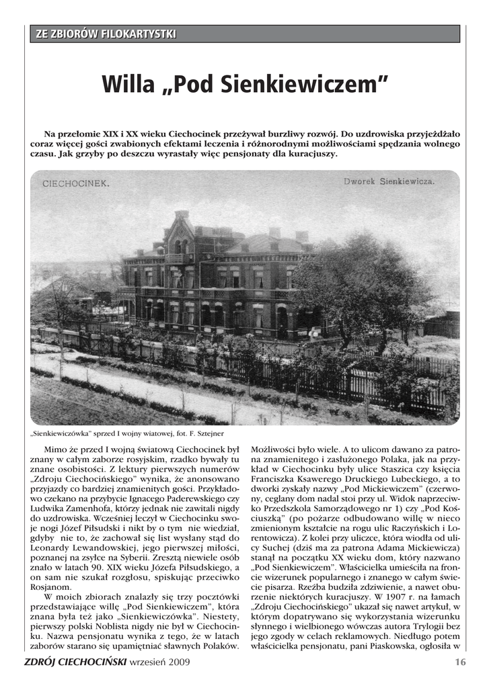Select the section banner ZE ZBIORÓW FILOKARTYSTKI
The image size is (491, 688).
tap(104, 34)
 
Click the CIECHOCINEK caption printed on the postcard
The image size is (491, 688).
tap(76, 183)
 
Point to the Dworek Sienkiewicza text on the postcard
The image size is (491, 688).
tap(389, 181)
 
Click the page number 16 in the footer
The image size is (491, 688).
tap(460, 662)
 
